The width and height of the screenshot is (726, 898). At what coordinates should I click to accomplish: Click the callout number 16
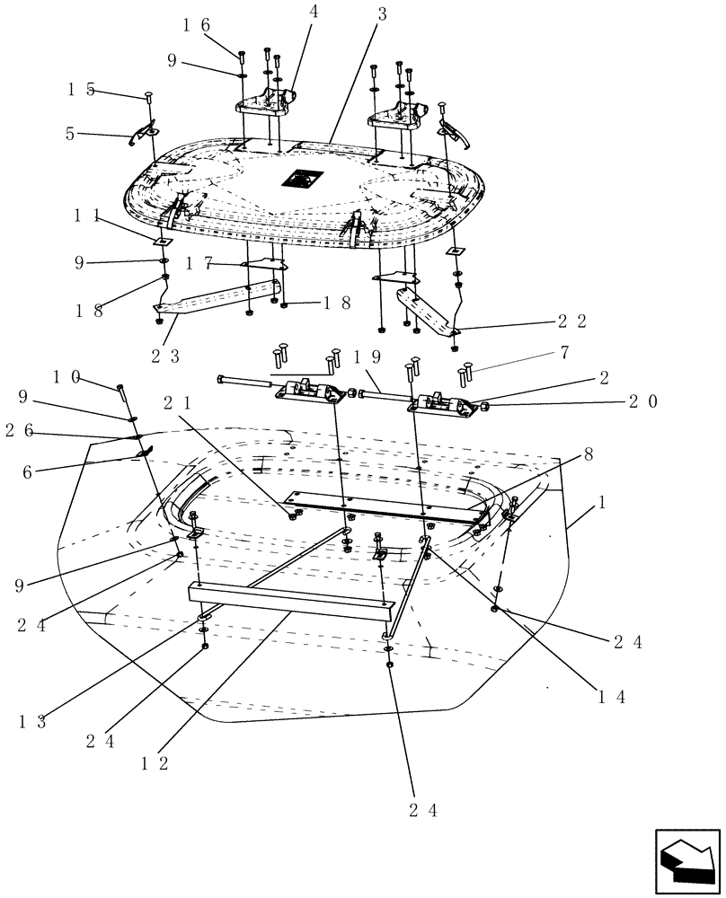pyautogui.click(x=198, y=25)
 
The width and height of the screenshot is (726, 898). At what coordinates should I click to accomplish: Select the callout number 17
pyautogui.click(x=199, y=262)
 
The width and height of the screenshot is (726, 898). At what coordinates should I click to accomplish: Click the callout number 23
pyautogui.click(x=165, y=355)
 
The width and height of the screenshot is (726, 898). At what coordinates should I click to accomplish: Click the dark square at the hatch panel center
pyautogui.click(x=300, y=179)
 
